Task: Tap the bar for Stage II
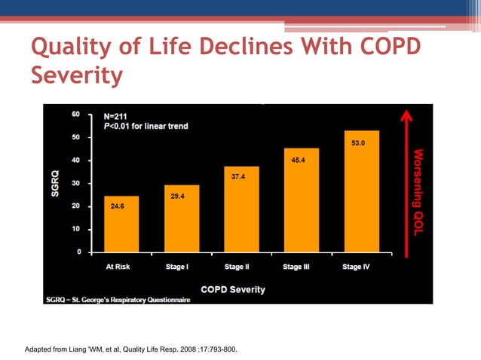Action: (x=240, y=209)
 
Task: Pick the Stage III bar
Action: (x=301, y=200)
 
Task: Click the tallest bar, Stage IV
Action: (x=360, y=192)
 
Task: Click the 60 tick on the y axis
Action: (x=76, y=114)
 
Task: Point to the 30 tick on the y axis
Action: (x=76, y=183)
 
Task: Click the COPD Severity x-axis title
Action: (x=232, y=289)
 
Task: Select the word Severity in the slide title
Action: (x=76, y=76)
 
